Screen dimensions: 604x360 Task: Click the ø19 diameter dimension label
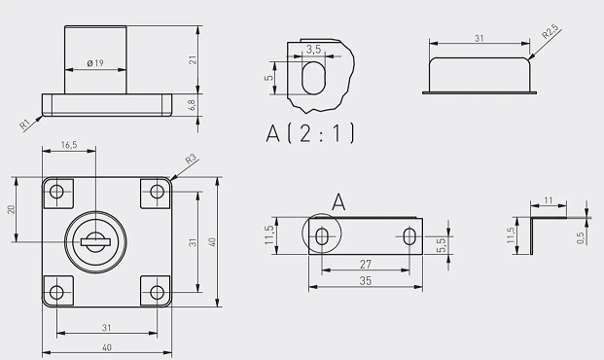point(95,63)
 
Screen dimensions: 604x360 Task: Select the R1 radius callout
point(25,125)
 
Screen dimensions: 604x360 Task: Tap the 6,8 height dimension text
point(193,105)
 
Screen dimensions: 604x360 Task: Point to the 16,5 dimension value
point(69,145)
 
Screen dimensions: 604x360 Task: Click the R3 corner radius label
point(191,159)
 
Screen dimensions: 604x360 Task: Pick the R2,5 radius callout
point(550,32)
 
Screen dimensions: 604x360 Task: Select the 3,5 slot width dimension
point(313,50)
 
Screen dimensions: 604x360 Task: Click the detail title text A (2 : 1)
point(310,133)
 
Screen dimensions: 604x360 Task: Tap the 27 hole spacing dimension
point(366,264)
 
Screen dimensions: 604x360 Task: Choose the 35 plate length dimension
point(366,281)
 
